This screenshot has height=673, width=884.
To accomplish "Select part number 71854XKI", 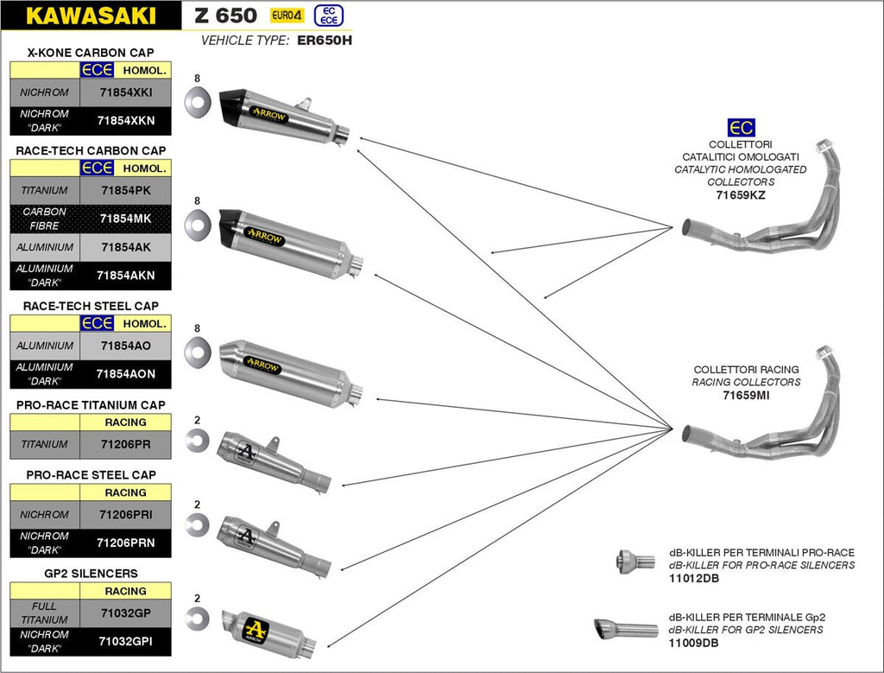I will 125,92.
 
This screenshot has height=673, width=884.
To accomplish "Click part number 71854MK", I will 125,219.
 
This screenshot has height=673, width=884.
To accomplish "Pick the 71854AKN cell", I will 125,275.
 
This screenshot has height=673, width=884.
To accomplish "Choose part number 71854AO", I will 125,346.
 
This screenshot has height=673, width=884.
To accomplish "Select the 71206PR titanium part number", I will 125,444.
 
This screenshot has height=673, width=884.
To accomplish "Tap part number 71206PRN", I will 125,543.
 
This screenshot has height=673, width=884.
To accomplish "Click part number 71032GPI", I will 125,641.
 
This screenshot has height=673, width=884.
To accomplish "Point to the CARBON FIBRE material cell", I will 44,219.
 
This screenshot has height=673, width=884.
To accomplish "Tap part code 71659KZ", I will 740,196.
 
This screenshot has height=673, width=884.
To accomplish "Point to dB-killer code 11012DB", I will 693,578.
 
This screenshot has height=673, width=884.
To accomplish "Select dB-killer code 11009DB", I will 693,643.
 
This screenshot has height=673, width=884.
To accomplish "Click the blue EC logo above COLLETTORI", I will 740,128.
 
